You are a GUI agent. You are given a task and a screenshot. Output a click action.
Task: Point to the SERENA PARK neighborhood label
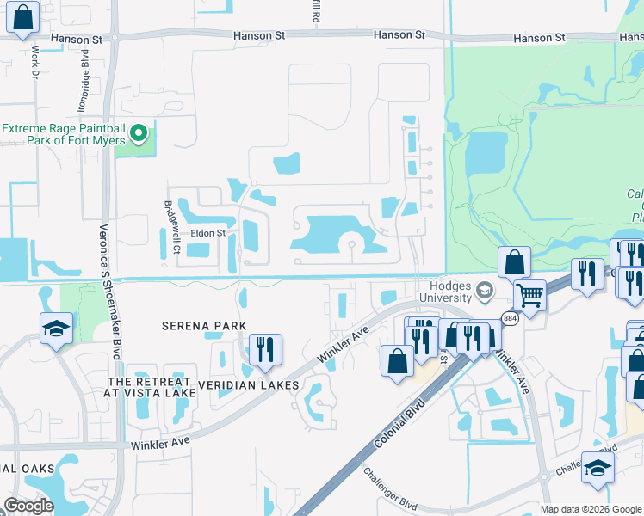coord(205,326)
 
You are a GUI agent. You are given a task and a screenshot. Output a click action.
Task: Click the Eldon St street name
coord(207,233)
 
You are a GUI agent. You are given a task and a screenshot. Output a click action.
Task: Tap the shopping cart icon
coord(530,296)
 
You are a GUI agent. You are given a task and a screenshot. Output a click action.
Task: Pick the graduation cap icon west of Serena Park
coord(56,327)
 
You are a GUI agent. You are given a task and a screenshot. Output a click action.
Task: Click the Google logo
coord(28,506)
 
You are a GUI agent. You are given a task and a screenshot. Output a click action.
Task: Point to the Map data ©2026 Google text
coord(590,509)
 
